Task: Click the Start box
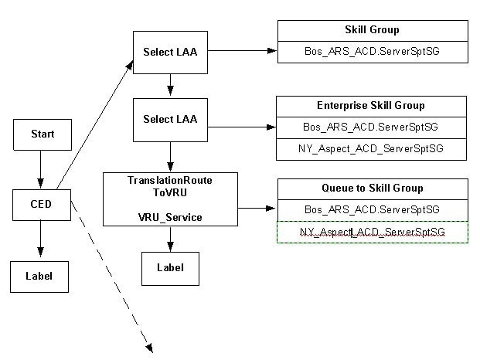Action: pyautogui.click(x=42, y=134)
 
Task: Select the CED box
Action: pyautogui.click(x=42, y=204)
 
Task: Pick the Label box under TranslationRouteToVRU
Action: pyautogui.click(x=170, y=268)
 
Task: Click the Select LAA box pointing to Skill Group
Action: pyautogui.click(x=170, y=52)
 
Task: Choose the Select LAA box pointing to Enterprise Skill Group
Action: pyautogui.click(x=170, y=119)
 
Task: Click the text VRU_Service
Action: pyautogui.click(x=170, y=217)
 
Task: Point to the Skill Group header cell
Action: pyautogui.click(x=372, y=30)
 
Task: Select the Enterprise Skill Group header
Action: pyautogui.click(x=372, y=105)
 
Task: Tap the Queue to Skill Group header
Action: pyautogui.click(x=372, y=188)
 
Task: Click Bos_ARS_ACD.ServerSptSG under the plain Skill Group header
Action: pyautogui.click(x=372, y=52)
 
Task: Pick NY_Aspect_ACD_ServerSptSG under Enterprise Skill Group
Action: pyautogui.click(x=372, y=148)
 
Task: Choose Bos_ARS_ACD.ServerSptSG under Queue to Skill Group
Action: pyautogui.click(x=372, y=209)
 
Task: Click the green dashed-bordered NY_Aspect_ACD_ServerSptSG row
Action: pyautogui.click(x=372, y=232)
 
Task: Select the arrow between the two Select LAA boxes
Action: pyautogui.click(x=170, y=85)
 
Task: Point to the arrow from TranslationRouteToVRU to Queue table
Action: pyautogui.click(x=257, y=208)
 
